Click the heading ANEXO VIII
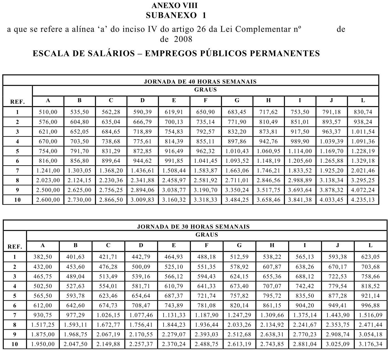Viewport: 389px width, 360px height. pyautogui.click(x=175, y=6)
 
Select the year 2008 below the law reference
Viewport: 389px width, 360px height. pyautogui.click(x=183, y=39)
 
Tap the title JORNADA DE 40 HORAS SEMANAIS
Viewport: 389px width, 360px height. pyautogui.click(x=200, y=82)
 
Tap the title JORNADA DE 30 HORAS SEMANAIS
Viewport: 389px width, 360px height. pyautogui.click(x=193, y=227)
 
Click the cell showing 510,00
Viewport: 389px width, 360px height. pyautogui.click(x=48, y=112)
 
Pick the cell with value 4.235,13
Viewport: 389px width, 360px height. pyautogui.click(x=363, y=200)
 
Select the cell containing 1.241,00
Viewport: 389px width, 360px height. pyautogui.click(x=48, y=171)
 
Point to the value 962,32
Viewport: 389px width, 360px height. pyautogui.click(x=205, y=151)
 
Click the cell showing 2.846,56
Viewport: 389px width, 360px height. pyautogui.click(x=268, y=180)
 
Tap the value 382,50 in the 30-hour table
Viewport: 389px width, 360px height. pyautogui.click(x=43, y=257)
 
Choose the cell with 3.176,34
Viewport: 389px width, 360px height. pyautogui.click(x=370, y=344)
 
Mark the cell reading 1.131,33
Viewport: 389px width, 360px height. pyautogui.click(x=174, y=315)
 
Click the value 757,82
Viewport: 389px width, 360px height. pyautogui.click(x=239, y=296)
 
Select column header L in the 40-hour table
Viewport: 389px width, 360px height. pyautogui.click(x=363, y=101)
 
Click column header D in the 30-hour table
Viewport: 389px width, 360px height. pyautogui.click(x=141, y=245)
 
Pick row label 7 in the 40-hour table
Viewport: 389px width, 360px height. pyautogui.click(x=17, y=171)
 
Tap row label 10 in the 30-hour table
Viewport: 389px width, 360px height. pyautogui.click(x=14, y=344)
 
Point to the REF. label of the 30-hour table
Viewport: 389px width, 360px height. pyautogui.click(x=15, y=247)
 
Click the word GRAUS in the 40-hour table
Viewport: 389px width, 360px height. pyautogui.click(x=205, y=90)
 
